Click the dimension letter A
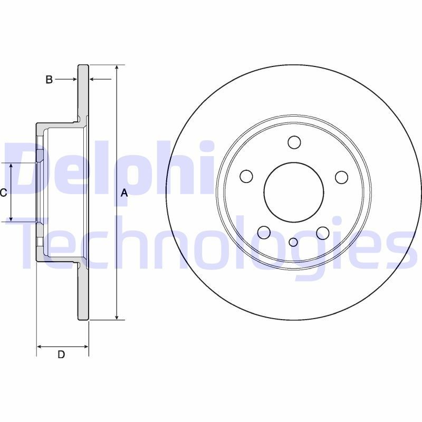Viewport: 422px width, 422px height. point(124,193)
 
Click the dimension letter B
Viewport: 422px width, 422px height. point(49,80)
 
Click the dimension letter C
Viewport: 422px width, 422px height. point(3,193)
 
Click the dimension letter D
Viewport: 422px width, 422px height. point(61,354)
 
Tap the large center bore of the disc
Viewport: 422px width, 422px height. point(293,192)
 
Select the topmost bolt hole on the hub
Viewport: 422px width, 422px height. point(294,142)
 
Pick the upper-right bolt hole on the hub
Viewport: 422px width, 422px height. point(341,177)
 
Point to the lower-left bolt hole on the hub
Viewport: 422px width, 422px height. point(264,232)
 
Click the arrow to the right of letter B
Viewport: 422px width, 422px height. point(73,80)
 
